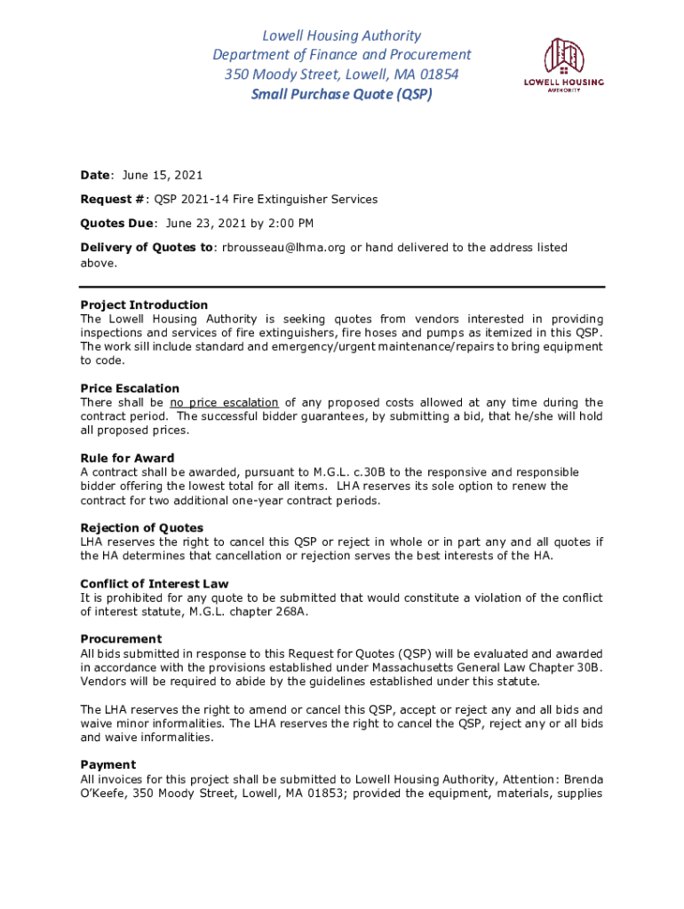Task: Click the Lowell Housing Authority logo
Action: pos(562,65)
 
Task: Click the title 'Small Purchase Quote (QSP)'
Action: pos(342,93)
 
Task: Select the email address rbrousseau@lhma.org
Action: pos(283,248)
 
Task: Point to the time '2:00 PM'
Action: pos(290,224)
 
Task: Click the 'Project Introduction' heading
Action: pos(144,304)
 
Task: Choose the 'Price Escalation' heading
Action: pos(130,388)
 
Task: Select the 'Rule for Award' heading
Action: pos(127,458)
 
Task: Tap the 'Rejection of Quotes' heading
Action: pos(141,527)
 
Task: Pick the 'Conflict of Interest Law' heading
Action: pos(155,583)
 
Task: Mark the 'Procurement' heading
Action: pos(121,639)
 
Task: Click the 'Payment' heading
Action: pos(107,764)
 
